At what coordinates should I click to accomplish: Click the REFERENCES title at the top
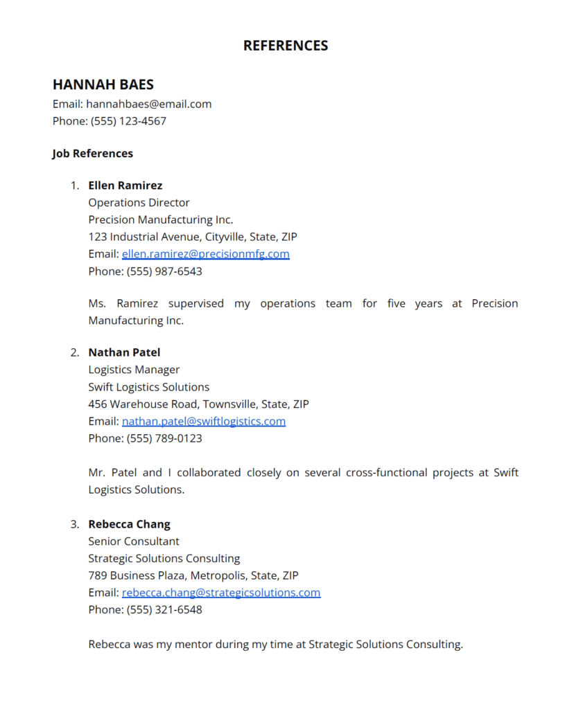click(286, 46)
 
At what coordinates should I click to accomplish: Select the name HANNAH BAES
click(103, 84)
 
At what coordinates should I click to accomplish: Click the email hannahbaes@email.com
click(148, 104)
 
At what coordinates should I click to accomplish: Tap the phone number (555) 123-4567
click(128, 121)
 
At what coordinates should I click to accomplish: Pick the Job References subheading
click(93, 154)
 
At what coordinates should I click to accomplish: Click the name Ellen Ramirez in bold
click(125, 186)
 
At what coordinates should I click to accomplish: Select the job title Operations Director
click(139, 203)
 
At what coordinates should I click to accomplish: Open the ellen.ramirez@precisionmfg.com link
click(206, 254)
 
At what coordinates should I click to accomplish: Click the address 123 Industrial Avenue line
click(193, 237)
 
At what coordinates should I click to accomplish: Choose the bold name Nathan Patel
click(124, 352)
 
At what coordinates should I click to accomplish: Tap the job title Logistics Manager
click(134, 370)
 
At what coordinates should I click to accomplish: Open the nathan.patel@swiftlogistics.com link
click(204, 421)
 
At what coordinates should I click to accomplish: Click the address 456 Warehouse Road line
click(198, 404)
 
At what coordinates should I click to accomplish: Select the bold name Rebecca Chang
click(129, 524)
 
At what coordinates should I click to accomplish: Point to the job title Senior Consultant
click(134, 541)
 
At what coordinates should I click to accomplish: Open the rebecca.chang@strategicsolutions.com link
click(221, 593)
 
